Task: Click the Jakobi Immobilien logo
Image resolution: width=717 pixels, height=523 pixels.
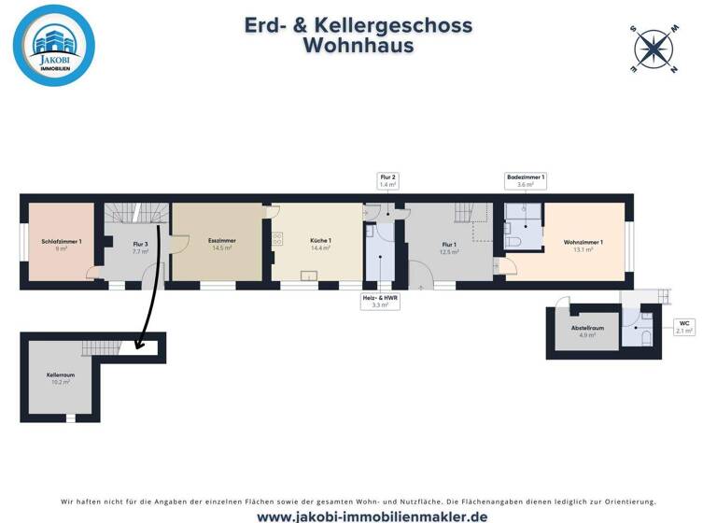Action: [x=54, y=46]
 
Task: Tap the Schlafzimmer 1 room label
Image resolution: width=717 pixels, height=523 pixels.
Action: [x=62, y=245]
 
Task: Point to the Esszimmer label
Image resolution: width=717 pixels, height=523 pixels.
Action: [x=221, y=244]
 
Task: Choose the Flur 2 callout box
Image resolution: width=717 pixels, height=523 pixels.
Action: [x=387, y=181]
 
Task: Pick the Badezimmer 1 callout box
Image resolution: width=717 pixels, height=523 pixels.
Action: [x=525, y=181]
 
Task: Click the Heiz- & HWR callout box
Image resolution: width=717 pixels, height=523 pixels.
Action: [x=380, y=301]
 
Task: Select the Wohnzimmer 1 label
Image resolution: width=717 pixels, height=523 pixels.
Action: [x=583, y=245]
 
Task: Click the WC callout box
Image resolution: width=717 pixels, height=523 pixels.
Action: [x=683, y=327]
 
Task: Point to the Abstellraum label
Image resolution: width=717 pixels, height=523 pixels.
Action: [x=587, y=331]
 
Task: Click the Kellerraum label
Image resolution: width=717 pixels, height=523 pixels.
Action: [x=60, y=377]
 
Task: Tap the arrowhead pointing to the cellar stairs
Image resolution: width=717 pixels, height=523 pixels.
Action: [x=138, y=345]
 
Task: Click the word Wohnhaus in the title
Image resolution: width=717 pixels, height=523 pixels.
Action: [x=358, y=46]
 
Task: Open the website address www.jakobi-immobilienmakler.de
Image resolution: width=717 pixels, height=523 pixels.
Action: [x=358, y=516]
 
